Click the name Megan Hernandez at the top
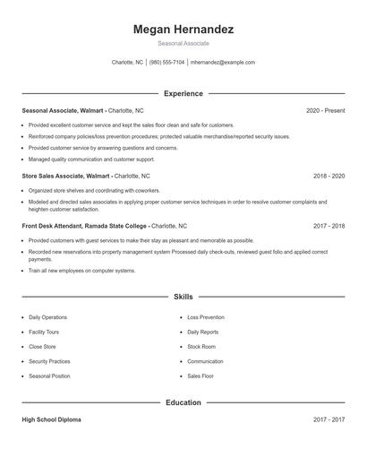(x=183, y=30)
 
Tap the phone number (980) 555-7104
(x=166, y=63)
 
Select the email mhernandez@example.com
(x=223, y=63)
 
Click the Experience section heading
(x=183, y=93)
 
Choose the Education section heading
(x=183, y=402)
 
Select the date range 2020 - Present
(x=325, y=110)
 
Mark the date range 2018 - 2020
(x=329, y=177)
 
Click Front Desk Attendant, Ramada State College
(x=85, y=227)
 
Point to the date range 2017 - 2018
(x=329, y=227)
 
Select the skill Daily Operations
(x=47, y=317)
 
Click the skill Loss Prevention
(x=207, y=317)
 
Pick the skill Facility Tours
(x=45, y=332)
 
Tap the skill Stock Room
(x=201, y=346)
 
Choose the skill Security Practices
(x=49, y=361)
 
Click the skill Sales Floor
(x=201, y=376)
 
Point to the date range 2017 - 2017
(x=329, y=419)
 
